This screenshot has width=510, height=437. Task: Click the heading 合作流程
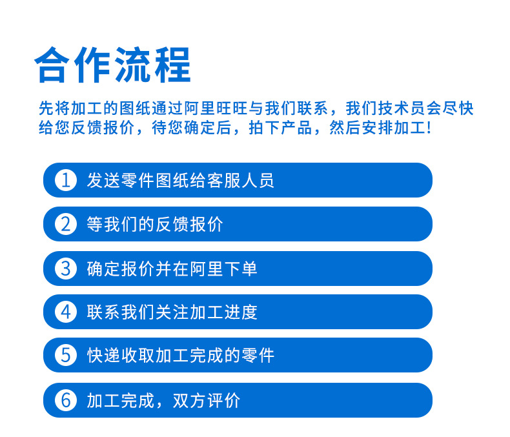coord(112,65)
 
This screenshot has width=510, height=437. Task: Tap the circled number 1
coord(66,180)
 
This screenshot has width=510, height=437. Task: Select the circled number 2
coord(66,225)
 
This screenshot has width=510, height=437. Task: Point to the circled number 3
coord(66,269)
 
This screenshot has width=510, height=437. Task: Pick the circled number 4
coord(66,312)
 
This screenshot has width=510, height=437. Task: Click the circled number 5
coord(66,355)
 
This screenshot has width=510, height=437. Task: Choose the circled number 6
coord(66,400)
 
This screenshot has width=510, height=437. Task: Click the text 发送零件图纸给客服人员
coord(181,180)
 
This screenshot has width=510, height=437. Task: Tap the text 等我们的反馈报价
coord(155,225)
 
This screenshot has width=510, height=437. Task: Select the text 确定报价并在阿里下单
coord(172,269)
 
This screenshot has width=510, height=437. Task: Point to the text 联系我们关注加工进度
coord(172,312)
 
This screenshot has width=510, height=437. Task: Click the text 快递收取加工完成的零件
coord(181,355)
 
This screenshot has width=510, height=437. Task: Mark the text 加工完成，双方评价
coord(163,400)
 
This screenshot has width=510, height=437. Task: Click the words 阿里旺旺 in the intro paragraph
coord(216,108)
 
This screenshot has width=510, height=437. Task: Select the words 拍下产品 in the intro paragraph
coord(280,127)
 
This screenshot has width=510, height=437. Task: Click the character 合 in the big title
coord(52,65)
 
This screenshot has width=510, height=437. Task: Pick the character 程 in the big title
coord(173,65)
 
